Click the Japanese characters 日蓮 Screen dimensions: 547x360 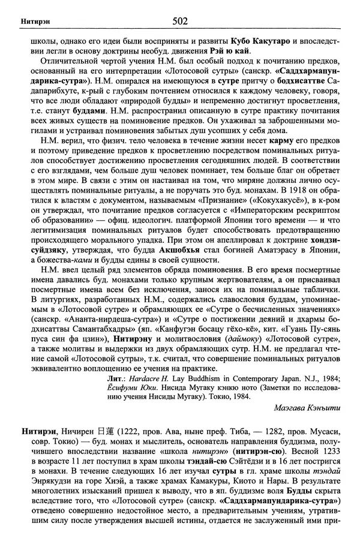[x=109, y=430]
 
